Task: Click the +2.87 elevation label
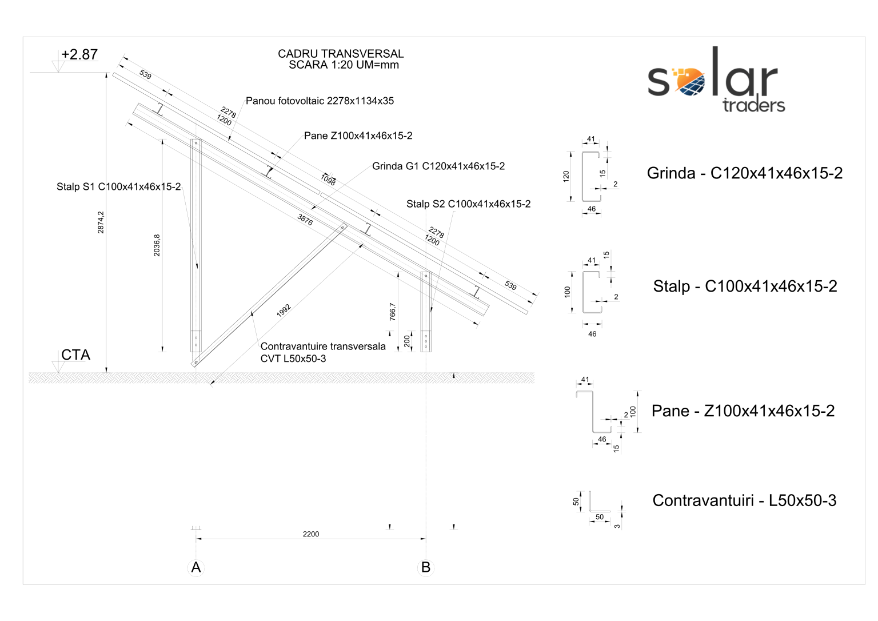click(79, 54)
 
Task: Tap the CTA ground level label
click(75, 355)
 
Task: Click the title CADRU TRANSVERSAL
click(341, 54)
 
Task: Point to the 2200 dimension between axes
click(311, 534)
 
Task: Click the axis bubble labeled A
click(196, 567)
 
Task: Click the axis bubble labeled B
click(426, 567)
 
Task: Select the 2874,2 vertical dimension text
click(101, 222)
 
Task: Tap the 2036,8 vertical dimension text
click(157, 245)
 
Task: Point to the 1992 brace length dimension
click(284, 310)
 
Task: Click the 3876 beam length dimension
click(305, 220)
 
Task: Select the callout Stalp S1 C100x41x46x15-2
click(118, 186)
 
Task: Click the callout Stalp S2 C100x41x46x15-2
click(468, 204)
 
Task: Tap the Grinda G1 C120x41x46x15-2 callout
click(438, 166)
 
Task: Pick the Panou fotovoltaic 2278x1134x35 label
click(320, 101)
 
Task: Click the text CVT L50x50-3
click(293, 359)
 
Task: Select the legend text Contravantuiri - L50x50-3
click(744, 501)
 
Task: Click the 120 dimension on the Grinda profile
click(566, 176)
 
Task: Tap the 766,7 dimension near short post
click(393, 312)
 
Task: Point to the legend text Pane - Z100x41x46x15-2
click(743, 411)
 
